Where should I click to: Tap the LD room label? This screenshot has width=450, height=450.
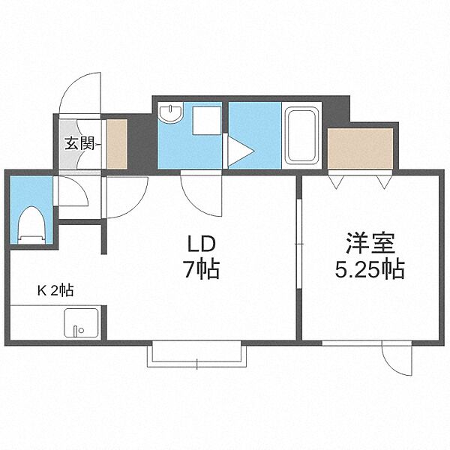point(201,244)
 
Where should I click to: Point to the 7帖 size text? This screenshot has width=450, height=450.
point(202,269)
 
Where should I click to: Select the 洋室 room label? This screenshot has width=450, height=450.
point(370,244)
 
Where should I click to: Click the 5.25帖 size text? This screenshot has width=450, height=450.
point(370,269)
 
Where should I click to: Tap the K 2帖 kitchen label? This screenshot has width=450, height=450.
point(55,290)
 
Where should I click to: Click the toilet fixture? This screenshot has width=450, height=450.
point(31,225)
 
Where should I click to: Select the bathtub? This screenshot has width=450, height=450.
point(301,135)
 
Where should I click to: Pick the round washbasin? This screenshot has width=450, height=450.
point(171,113)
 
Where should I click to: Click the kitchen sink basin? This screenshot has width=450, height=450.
point(82,322)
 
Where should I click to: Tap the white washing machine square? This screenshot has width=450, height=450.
point(207,121)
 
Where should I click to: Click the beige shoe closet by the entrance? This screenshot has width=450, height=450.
point(117,144)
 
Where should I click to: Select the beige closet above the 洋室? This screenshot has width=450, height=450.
point(361,148)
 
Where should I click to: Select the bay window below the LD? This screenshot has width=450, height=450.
point(196,354)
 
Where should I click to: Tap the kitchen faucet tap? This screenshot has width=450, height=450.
point(76,331)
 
